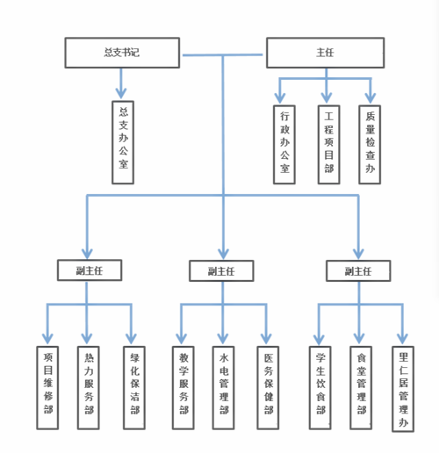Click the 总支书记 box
point(122,53)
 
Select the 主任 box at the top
point(325,53)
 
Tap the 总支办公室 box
point(123,142)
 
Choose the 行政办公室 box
point(284,145)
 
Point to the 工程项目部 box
point(328,145)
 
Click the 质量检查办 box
point(370,145)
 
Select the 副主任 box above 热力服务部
point(90,270)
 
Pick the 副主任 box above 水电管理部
point(221,270)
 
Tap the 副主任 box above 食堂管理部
point(358,270)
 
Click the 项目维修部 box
point(47,388)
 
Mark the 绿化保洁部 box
point(134,388)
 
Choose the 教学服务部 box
point(184,388)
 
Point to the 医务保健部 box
point(268,388)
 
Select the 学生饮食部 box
point(320,388)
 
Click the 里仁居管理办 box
point(403,389)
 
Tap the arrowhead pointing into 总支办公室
point(121,93)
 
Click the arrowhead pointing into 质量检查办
point(371,97)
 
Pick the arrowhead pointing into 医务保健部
point(266,339)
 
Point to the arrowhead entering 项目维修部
point(47,339)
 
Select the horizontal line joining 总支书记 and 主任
point(222,55)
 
